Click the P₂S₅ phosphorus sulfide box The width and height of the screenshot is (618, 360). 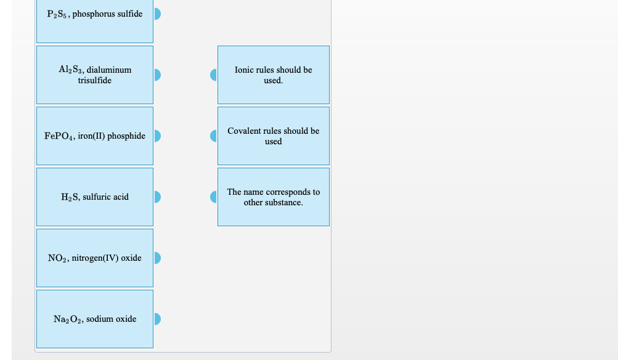tap(95, 21)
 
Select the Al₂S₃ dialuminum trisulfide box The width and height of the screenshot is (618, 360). tap(95, 75)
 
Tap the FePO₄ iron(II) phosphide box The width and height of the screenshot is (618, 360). tap(95, 136)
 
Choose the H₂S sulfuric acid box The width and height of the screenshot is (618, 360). tap(95, 197)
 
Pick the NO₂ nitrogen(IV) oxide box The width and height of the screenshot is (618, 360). tap(95, 258)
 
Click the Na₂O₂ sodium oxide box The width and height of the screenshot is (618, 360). tap(95, 319)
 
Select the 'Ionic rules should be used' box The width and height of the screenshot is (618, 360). tap(274, 75)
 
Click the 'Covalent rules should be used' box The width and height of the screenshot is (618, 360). tap(274, 136)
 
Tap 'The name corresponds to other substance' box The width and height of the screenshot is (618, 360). tap(274, 197)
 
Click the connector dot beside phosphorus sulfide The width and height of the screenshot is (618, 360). tap(157, 14)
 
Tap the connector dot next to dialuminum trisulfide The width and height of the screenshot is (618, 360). tap(157, 75)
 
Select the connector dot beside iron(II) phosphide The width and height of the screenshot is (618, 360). tap(157, 136)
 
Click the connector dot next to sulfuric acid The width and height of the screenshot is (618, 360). tap(157, 197)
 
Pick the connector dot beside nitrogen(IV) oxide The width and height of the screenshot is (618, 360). tap(157, 258)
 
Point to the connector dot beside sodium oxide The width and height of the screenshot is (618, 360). tap(157, 319)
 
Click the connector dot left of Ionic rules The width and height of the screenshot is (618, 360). tap(214, 75)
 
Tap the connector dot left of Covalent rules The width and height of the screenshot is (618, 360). tap(214, 136)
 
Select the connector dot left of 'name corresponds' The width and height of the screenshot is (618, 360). tap(214, 197)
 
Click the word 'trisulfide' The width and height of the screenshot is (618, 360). tap(95, 80)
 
